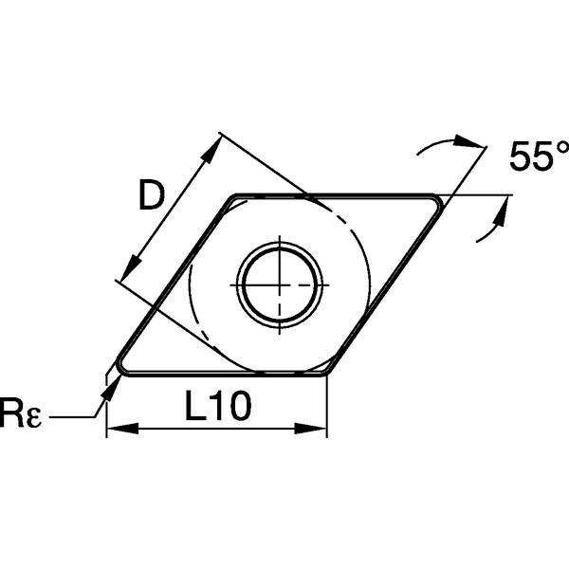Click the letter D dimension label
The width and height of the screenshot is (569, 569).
152,196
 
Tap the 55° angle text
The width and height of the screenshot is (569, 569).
538,156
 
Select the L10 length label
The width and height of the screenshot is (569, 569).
216,408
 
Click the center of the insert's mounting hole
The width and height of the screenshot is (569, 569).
280,284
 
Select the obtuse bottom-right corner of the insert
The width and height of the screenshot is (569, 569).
326,371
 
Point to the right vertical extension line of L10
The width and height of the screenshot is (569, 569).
327,408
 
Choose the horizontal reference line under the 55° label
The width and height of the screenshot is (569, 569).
484,196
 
